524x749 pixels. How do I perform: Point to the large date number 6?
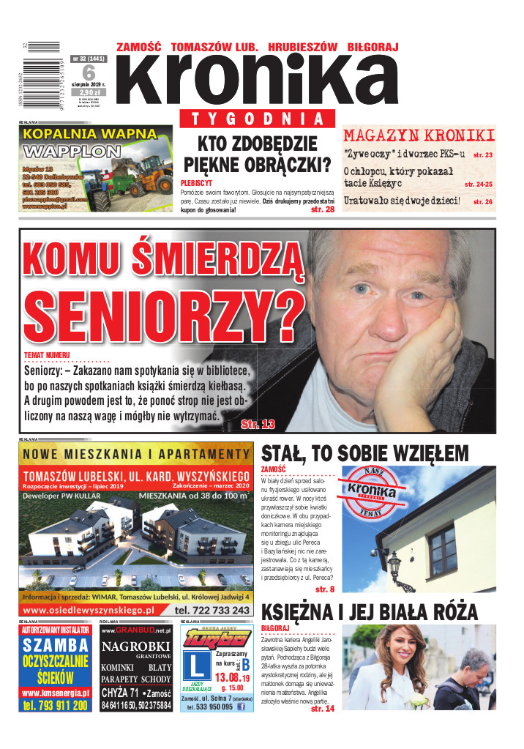(x=89, y=72)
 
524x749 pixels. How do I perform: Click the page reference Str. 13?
(x=258, y=424)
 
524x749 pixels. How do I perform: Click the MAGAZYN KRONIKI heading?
(x=419, y=135)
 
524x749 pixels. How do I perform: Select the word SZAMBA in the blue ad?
(x=56, y=646)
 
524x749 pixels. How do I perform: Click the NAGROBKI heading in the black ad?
(x=135, y=646)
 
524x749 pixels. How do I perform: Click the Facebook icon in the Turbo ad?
(x=241, y=707)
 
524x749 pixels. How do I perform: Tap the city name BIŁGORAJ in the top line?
(x=373, y=47)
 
